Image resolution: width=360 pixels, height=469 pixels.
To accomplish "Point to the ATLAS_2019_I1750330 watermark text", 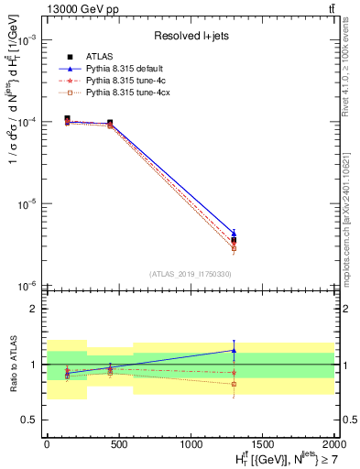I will point(191,274).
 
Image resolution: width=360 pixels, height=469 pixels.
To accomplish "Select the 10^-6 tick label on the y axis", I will point(27,286).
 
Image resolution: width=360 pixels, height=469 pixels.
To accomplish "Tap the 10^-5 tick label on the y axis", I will point(27,204).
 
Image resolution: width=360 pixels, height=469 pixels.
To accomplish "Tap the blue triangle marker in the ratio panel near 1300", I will point(234,350).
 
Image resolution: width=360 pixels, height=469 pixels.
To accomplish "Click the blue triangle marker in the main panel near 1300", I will point(234,233).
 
